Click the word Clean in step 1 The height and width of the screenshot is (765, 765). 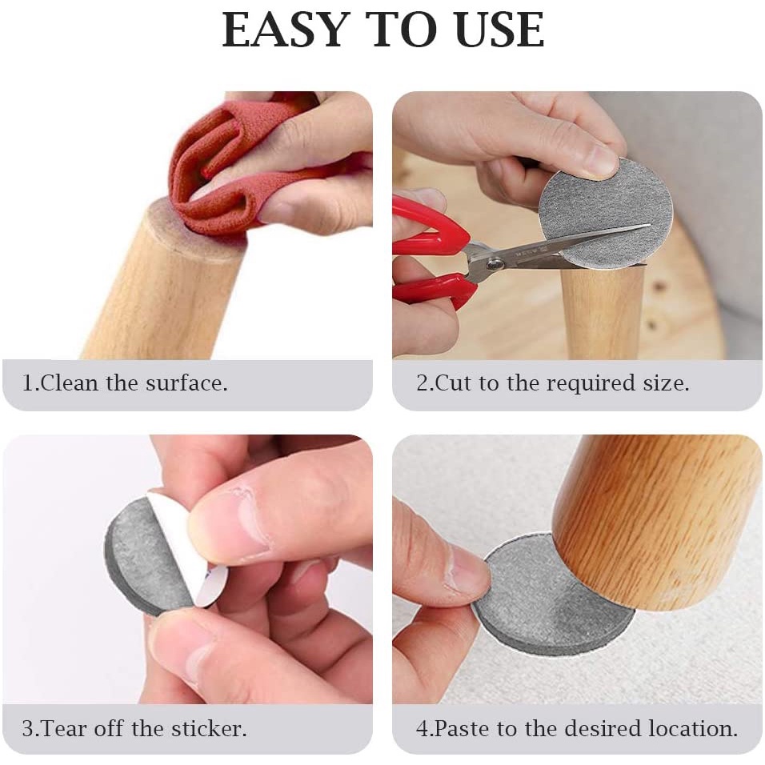[x=70, y=382]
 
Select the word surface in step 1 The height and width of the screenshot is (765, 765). [x=186, y=383]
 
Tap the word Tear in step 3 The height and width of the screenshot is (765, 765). [x=62, y=728]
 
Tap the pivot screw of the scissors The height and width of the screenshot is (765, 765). [x=497, y=264]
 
